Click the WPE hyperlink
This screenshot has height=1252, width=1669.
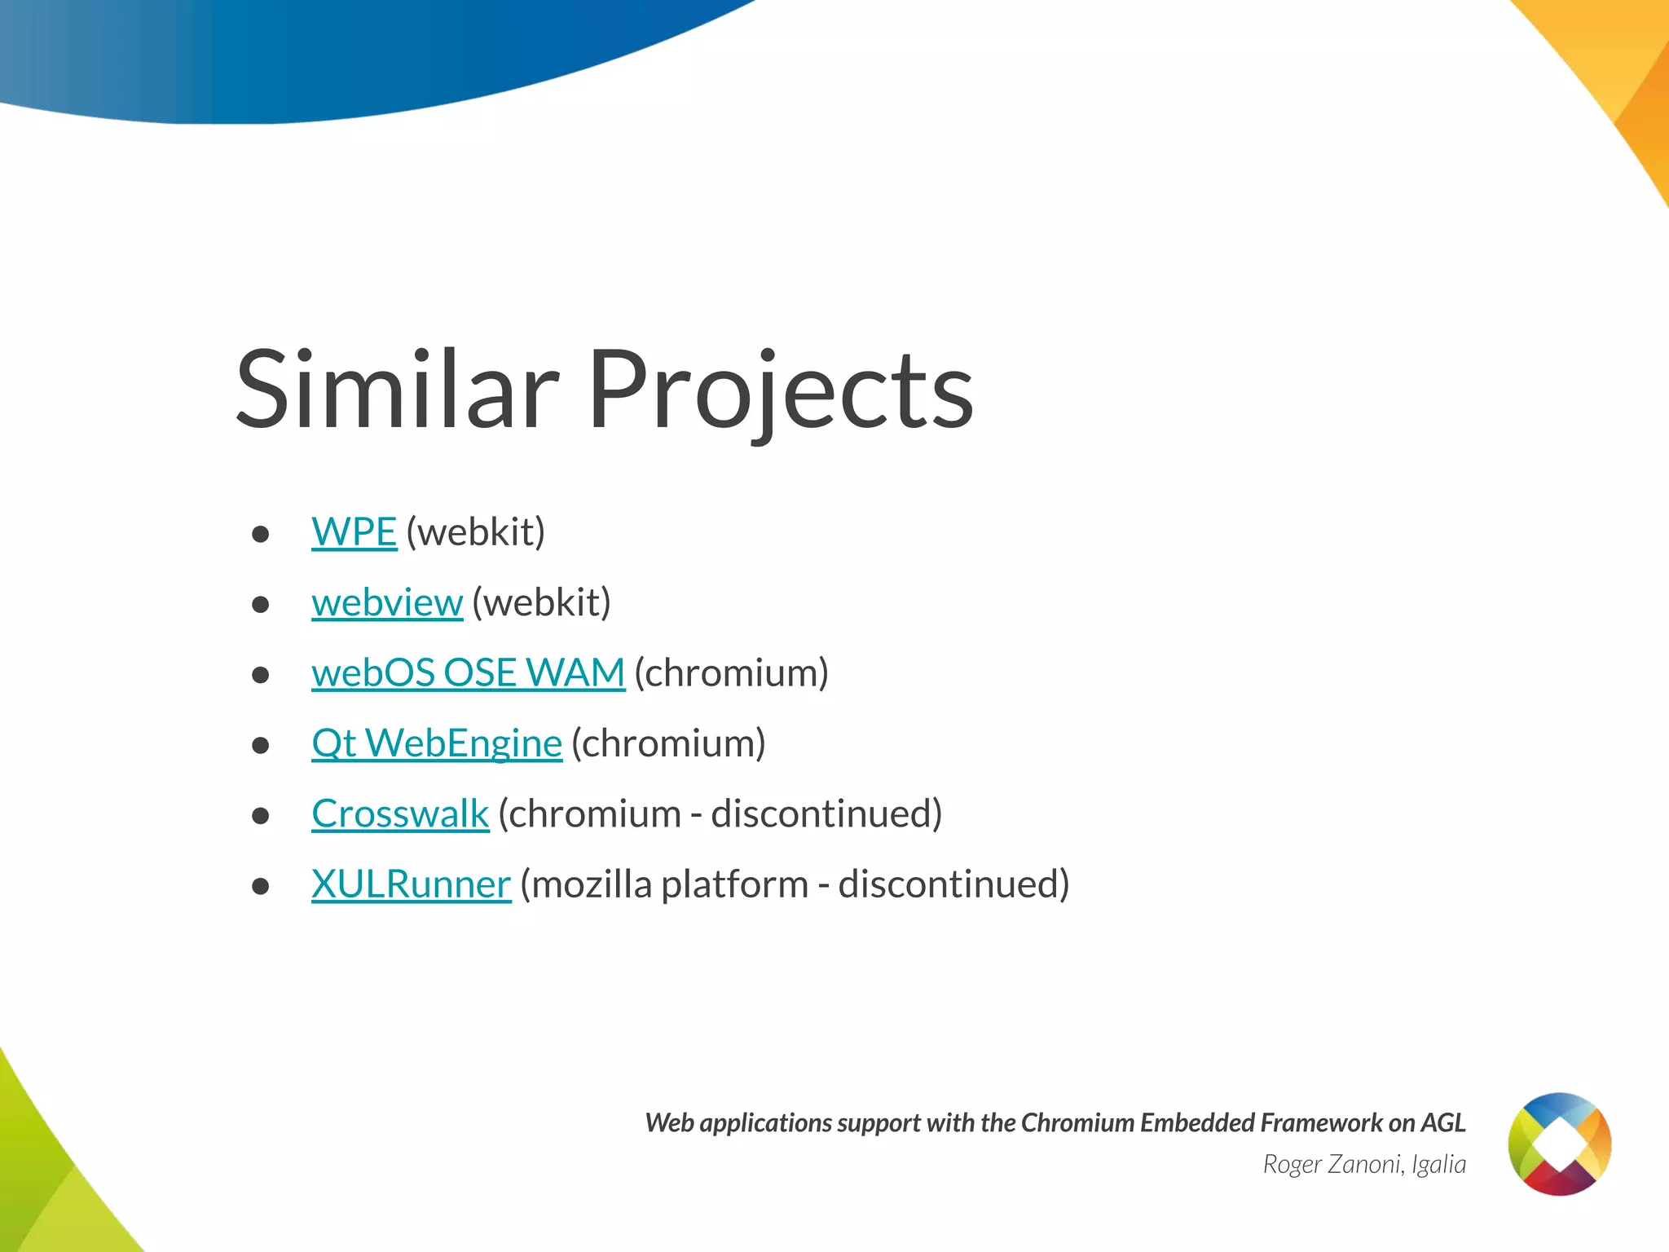pos(354,532)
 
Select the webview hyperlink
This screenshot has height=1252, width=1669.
pos(387,603)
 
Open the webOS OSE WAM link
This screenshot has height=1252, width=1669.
pos(468,673)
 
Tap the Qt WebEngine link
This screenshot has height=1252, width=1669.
pos(437,743)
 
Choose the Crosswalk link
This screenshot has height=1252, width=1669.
pos(400,814)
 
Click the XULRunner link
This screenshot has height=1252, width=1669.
pos(411,884)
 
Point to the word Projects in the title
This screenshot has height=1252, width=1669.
pos(780,390)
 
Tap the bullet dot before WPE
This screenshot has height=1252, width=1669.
pos(261,535)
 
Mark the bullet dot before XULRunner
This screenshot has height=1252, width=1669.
pos(261,887)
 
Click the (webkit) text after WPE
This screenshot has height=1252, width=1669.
pos(475,532)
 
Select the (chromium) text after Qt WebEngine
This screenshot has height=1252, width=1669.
pos(668,743)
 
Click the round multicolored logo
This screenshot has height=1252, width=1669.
pos(1559,1144)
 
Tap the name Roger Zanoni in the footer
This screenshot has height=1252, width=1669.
pos(1333,1164)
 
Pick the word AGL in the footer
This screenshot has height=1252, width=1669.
pos(1443,1123)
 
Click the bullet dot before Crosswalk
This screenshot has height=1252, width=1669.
pos(261,816)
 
